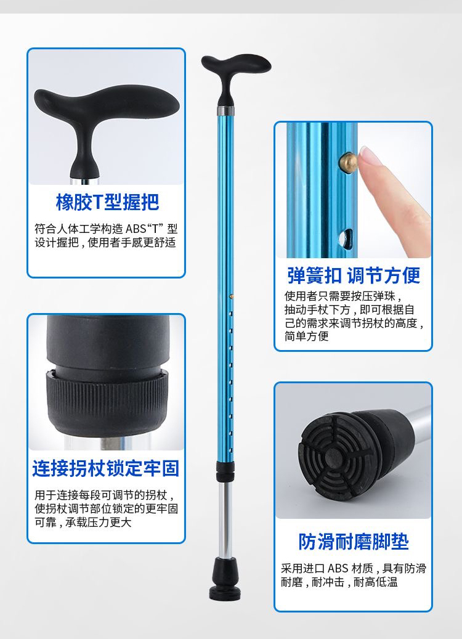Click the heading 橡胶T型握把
[x=107, y=202]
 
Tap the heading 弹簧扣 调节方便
[x=353, y=275]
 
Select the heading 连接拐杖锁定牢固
[x=106, y=468]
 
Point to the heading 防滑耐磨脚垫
[x=353, y=542]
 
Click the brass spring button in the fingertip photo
[x=347, y=163]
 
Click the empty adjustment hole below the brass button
[x=346, y=238]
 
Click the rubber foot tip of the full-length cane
[x=225, y=579]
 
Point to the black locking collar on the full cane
[x=225, y=471]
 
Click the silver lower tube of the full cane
[x=225, y=520]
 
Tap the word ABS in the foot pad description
[x=338, y=568]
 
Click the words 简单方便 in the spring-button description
[x=306, y=336]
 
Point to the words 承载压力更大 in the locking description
[x=99, y=522]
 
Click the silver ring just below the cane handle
[x=225, y=111]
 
